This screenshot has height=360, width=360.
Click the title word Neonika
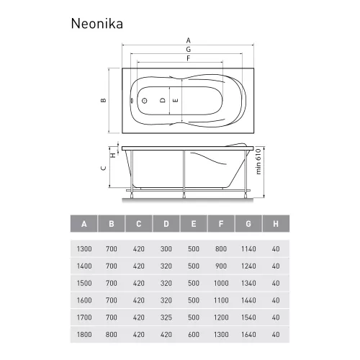tap(96, 22)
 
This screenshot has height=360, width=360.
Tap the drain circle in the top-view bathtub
tap(143, 101)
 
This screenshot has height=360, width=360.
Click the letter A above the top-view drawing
tap(189, 40)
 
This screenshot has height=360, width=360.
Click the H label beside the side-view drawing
tap(112, 154)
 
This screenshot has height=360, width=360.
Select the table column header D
tap(166, 224)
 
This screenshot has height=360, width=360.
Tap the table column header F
tap(221, 224)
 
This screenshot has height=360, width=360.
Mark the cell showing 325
tap(166, 317)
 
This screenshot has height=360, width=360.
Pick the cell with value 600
tap(194, 334)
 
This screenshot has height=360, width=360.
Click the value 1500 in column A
tap(84, 282)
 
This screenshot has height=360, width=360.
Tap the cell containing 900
tap(221, 266)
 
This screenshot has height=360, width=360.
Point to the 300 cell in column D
tap(166, 248)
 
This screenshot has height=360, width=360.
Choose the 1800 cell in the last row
tap(84, 334)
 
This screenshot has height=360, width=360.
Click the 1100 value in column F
tap(221, 300)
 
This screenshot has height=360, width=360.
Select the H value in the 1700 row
tap(276, 317)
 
